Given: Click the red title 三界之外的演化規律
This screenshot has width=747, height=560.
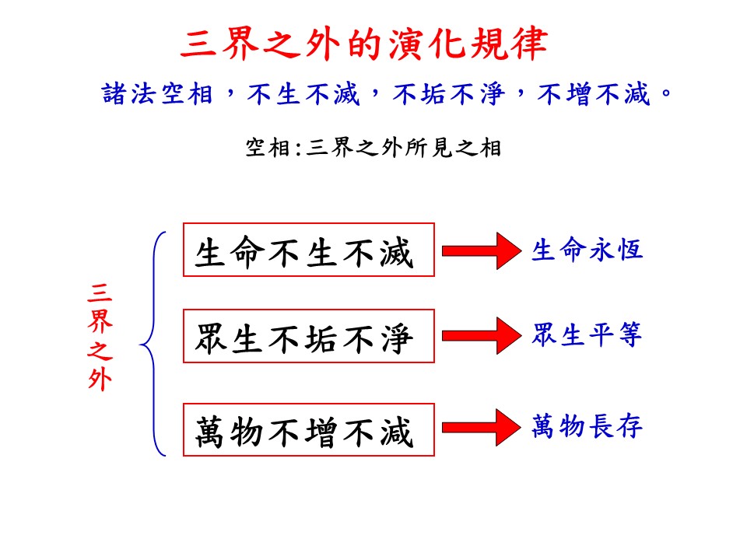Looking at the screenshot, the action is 363,45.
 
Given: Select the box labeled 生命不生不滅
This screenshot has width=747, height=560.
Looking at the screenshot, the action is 308,250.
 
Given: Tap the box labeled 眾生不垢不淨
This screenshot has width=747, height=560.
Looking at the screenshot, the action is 308,336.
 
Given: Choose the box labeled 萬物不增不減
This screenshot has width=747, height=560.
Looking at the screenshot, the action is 308,429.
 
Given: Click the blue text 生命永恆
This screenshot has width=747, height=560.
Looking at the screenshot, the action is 587,250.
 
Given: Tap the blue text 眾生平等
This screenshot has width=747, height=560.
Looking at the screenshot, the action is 587,336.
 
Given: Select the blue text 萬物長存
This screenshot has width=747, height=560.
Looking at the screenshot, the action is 587,426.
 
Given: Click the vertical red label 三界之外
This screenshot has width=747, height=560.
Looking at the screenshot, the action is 100,336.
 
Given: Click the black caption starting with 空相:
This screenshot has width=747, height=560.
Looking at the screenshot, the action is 373,147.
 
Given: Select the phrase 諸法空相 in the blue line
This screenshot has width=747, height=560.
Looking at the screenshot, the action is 159,95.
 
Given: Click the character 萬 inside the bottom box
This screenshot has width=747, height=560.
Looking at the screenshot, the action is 213,430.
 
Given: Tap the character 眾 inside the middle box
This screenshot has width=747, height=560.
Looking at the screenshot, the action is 213,337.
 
